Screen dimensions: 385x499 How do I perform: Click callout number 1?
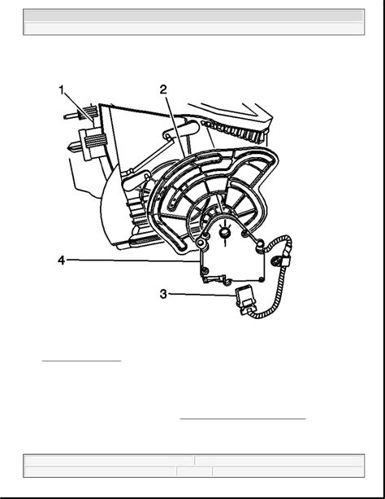tap(61, 90)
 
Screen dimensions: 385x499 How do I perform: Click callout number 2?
tap(163, 90)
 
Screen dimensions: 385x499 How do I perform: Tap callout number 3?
tap(163, 294)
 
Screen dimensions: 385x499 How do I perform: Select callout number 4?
tap(61, 260)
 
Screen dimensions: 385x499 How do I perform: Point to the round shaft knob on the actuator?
tap(224, 232)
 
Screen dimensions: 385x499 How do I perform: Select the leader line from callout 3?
tap(202, 295)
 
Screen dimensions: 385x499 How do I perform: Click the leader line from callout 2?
tap(175, 126)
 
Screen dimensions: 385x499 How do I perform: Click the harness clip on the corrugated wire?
tap(285, 261)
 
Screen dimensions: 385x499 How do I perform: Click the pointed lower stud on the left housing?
tap(76, 147)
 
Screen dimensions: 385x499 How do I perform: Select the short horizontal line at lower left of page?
tap(82, 361)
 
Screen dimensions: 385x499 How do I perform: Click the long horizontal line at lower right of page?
tap(243, 418)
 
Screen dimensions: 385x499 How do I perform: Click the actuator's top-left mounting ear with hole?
tap(201, 243)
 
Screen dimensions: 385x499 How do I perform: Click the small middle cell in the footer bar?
tap(194, 471)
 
